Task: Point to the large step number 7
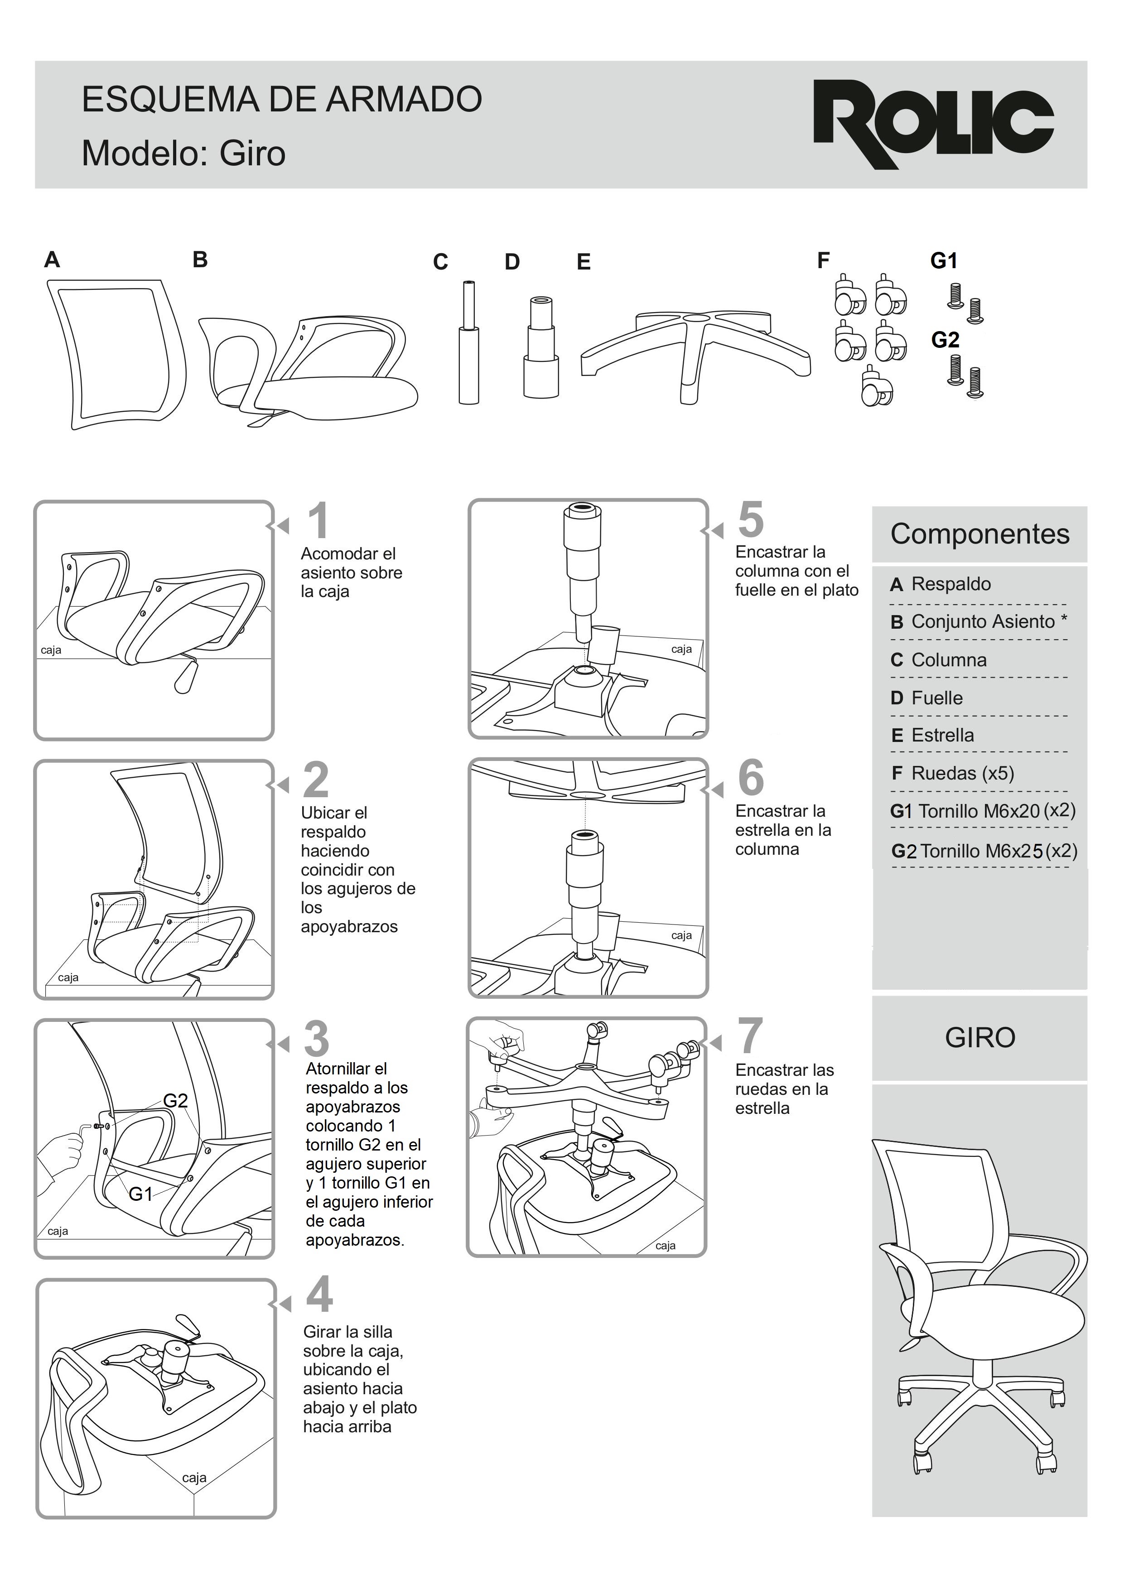(x=750, y=1035)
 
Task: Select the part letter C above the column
(x=440, y=262)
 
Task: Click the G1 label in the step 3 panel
(x=140, y=1194)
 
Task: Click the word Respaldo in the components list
(x=950, y=584)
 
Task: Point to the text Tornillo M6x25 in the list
(x=981, y=851)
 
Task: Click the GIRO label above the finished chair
(x=979, y=1037)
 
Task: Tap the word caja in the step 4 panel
(x=194, y=1478)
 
